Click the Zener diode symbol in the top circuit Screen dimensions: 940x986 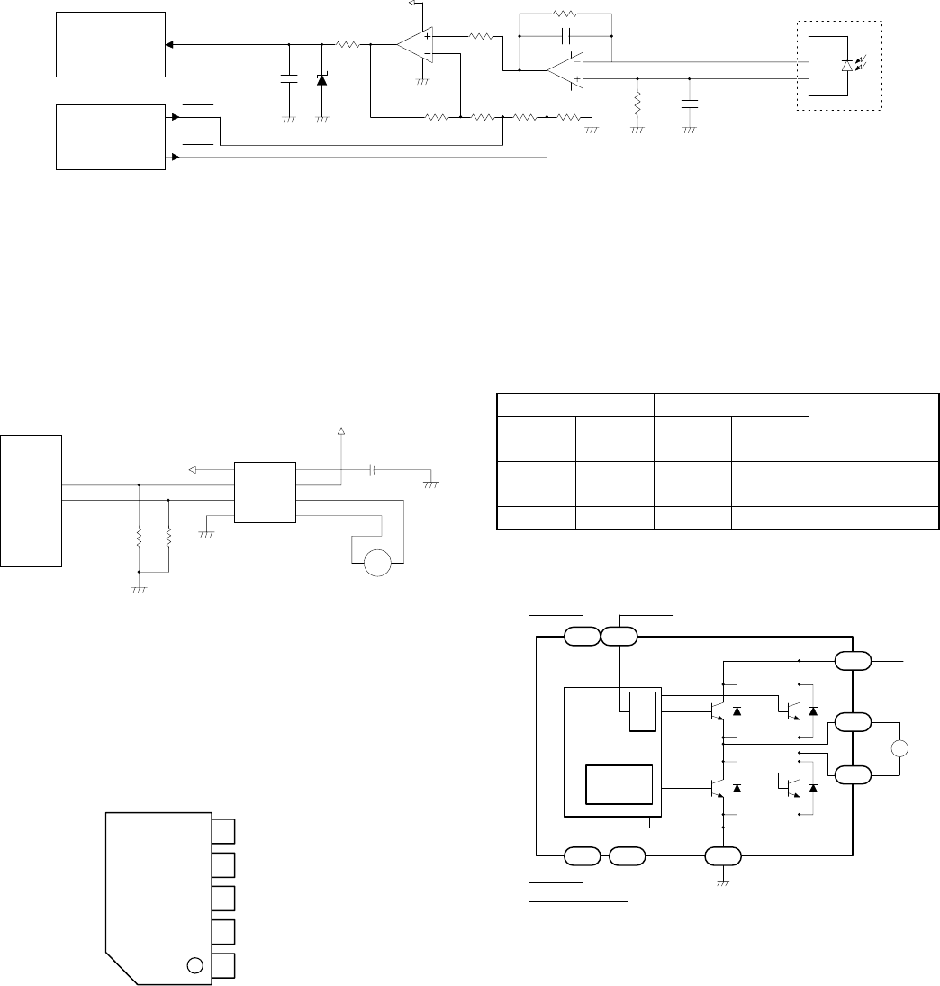(x=322, y=79)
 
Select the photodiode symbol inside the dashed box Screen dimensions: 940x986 (x=845, y=66)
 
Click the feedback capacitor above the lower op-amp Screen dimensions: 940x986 (x=565, y=36)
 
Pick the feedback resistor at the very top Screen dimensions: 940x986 (x=565, y=14)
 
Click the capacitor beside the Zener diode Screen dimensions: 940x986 (x=289, y=79)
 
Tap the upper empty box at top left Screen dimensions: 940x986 (x=111, y=45)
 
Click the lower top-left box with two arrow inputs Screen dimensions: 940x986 (x=111, y=137)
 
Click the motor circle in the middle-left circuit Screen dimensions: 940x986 (x=377, y=564)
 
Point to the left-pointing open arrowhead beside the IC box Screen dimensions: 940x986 (x=194, y=469)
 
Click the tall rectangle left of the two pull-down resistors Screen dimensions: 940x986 (x=32, y=501)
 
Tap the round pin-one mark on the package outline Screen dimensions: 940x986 (x=194, y=966)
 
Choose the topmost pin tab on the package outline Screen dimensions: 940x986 (x=224, y=831)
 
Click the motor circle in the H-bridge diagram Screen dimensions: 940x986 (x=900, y=749)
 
